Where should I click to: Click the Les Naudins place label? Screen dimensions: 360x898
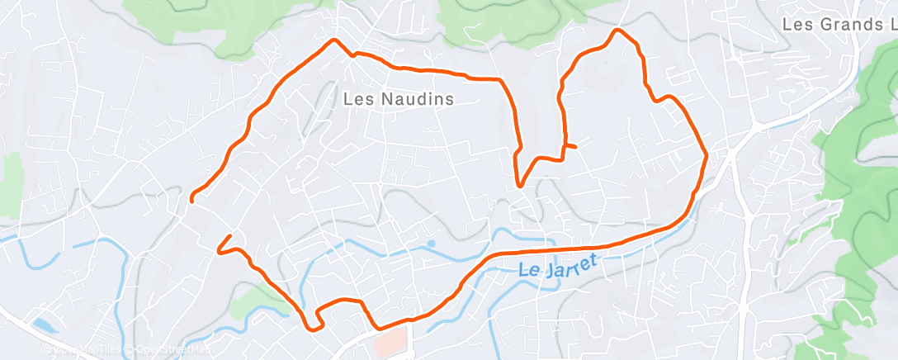[x=399, y=99]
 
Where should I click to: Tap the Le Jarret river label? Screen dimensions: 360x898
[x=558, y=267]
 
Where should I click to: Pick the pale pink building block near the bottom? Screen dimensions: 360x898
[x=391, y=339]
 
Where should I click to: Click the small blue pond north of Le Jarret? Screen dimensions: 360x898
[x=431, y=244]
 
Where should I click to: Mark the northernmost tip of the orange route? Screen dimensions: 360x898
[x=616, y=31]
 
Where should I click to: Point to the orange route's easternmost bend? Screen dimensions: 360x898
[x=707, y=154]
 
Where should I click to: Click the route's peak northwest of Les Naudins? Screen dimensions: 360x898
[x=334, y=40]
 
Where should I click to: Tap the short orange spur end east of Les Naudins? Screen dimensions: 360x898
[x=574, y=147]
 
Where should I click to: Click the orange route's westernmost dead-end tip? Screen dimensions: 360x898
[x=192, y=199]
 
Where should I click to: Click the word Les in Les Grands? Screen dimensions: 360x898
[x=796, y=24]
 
